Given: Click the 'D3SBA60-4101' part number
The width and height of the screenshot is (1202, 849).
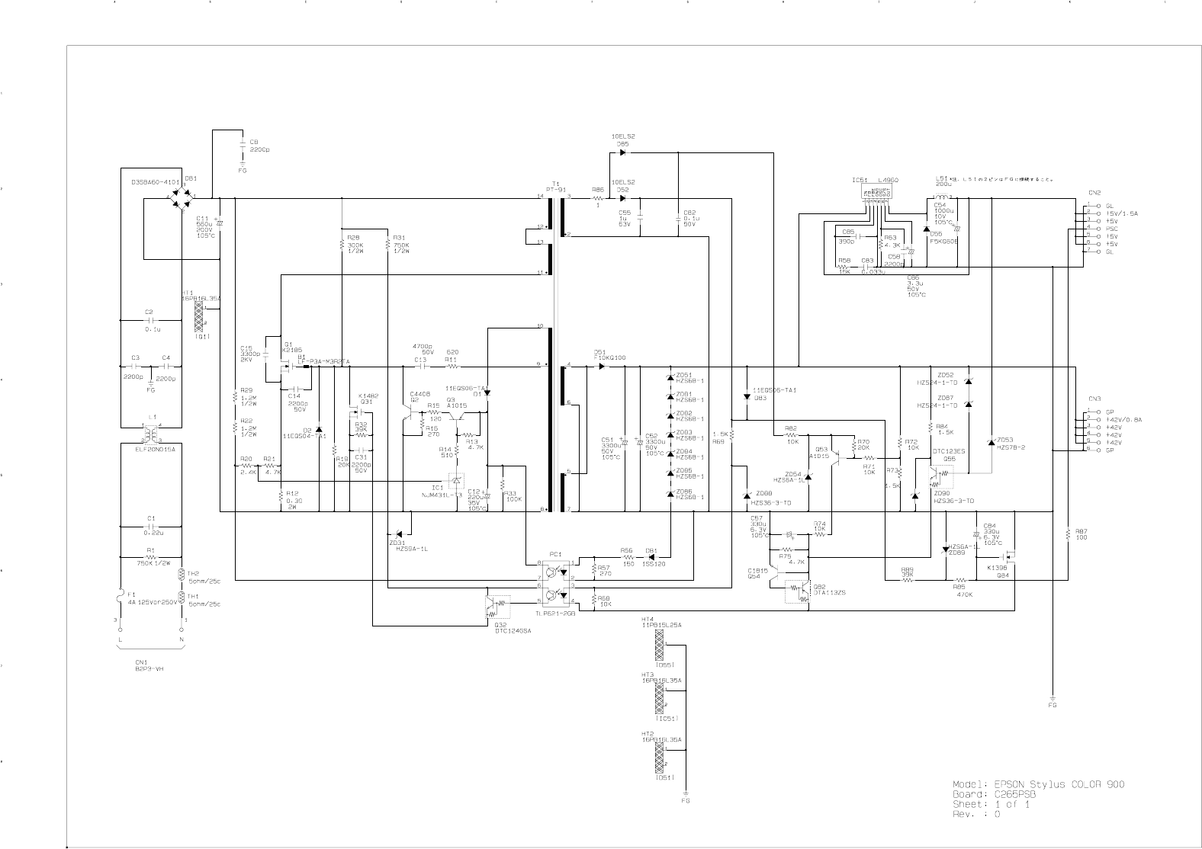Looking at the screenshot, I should tap(156, 183).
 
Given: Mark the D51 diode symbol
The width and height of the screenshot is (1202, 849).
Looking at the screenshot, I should tap(603, 366).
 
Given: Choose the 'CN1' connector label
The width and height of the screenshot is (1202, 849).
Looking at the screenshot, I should tap(142, 662).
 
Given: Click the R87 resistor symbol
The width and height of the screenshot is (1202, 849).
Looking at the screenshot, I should tap(1068, 537).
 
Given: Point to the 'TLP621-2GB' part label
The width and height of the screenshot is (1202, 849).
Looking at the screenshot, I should tap(556, 614).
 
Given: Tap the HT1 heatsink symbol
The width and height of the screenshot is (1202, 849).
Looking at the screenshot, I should tap(200, 312).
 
